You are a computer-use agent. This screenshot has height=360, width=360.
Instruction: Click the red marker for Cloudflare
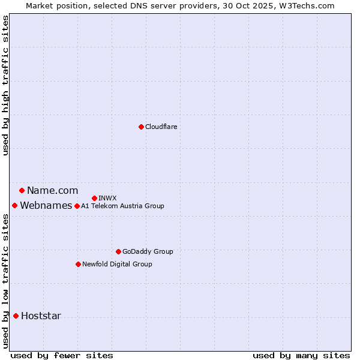point(141,127)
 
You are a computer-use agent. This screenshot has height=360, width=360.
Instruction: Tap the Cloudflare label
point(161,127)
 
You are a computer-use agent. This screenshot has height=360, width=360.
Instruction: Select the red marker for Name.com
point(22,191)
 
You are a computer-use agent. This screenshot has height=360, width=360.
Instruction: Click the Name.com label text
point(52,191)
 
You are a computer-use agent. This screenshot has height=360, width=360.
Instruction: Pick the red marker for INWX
point(94,198)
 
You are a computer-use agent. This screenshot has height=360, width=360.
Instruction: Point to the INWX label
point(107,198)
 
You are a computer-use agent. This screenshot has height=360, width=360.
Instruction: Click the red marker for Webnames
point(14,206)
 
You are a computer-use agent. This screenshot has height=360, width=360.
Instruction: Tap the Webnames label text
point(46,206)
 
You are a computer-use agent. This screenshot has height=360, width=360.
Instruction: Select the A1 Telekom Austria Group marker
point(77,206)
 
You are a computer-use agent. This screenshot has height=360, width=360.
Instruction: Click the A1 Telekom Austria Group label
point(122,206)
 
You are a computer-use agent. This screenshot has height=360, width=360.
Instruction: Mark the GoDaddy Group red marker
point(118,251)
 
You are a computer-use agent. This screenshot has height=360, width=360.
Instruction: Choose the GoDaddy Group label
point(148,251)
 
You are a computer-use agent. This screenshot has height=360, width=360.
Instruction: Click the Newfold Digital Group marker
point(78,264)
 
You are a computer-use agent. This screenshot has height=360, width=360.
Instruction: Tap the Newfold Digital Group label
point(117,264)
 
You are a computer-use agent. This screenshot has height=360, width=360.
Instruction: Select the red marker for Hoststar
point(16,316)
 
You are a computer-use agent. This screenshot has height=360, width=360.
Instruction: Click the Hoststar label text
point(41,316)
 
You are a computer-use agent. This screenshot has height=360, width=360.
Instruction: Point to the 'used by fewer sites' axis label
point(62,355)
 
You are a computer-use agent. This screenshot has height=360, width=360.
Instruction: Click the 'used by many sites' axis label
point(301,355)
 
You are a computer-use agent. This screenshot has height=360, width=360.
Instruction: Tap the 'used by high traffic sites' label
point(5,85)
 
